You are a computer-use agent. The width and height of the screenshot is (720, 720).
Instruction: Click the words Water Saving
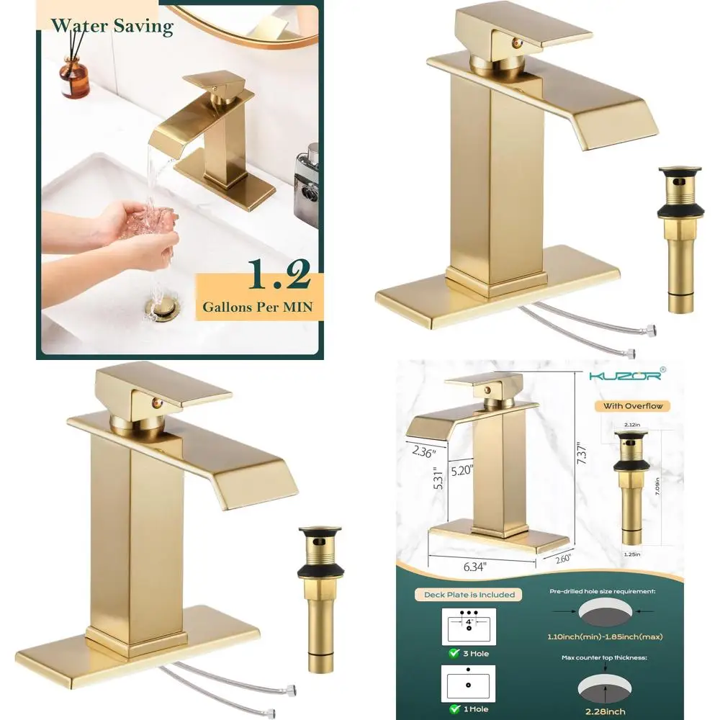coord(112,26)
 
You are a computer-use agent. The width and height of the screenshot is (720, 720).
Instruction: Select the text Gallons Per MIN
coord(257,307)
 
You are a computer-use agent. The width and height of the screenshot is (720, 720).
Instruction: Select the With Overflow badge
coord(631,406)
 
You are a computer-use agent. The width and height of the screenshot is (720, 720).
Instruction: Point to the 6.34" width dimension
coord(482,567)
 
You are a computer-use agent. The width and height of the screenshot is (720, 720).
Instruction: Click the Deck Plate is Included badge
coord(465,594)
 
